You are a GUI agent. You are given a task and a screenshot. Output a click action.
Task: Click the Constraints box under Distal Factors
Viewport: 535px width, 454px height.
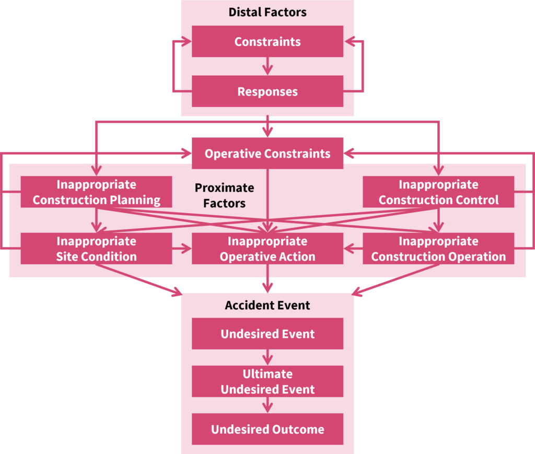pos(267,41)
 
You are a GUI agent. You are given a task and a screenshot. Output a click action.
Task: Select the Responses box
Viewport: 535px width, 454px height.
pos(267,91)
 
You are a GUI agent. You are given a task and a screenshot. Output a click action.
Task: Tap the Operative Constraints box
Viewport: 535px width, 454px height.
pos(267,153)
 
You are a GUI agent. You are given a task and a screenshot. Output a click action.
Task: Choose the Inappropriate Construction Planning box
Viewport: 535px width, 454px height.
pos(96,192)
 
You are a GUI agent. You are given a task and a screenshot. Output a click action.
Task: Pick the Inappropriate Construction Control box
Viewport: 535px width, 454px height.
pos(438,192)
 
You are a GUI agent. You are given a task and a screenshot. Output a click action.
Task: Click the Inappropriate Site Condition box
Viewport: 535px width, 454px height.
pos(96,249)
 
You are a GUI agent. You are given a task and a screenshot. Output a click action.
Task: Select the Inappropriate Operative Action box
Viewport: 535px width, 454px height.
pos(267,249)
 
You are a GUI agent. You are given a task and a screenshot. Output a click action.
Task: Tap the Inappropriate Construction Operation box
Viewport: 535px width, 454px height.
pos(438,249)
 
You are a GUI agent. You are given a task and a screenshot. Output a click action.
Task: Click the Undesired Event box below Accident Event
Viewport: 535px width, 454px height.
pos(267,334)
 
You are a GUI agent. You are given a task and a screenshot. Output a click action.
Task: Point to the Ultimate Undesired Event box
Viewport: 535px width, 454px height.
pos(267,381)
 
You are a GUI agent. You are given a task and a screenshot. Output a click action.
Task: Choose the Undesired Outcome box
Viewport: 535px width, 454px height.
pos(267,429)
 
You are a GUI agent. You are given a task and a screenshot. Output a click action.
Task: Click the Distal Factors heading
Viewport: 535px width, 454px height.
pos(267,12)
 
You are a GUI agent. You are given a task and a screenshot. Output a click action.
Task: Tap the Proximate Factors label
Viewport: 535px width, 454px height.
pos(224,195)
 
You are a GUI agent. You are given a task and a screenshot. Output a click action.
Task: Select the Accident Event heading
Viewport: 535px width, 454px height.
pos(267,305)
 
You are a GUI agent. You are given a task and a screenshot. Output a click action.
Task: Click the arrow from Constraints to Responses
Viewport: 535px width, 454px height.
pos(267,66)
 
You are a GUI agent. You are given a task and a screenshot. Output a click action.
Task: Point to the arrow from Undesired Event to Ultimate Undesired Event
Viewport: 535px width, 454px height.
pos(267,357)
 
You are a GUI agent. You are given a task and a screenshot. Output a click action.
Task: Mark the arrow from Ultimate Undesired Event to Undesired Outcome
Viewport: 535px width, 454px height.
pos(267,405)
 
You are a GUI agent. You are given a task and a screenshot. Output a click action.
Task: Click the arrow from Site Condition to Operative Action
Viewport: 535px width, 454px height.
pos(182,249)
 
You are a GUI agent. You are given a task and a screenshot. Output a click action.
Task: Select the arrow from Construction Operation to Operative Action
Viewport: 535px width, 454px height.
pos(353,249)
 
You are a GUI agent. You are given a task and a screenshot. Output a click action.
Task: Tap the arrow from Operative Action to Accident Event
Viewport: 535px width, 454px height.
pos(267,278)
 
